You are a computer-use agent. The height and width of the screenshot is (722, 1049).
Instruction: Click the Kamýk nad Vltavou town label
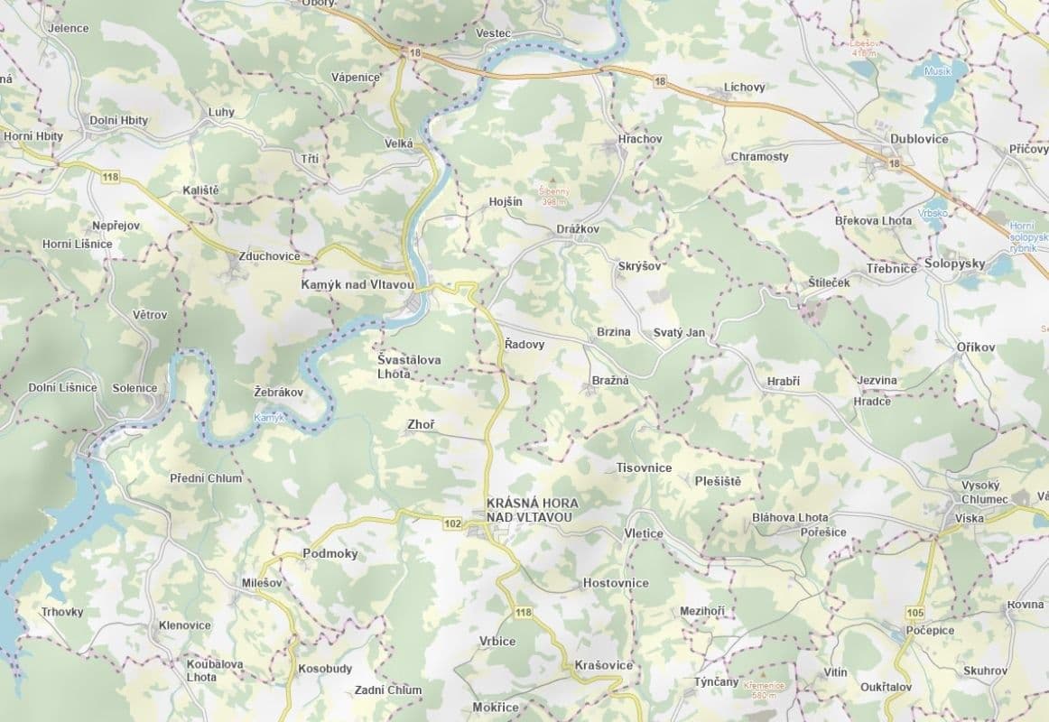click(357, 284)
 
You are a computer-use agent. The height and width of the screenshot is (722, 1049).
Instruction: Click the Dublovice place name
click(919, 139)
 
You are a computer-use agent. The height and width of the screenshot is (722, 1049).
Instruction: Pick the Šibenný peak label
click(555, 196)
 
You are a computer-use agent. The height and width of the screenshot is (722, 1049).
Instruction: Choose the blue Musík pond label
click(938, 69)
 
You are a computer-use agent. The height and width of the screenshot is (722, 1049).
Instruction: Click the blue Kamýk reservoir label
click(269, 418)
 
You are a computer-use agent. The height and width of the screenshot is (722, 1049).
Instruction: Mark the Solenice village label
click(135, 388)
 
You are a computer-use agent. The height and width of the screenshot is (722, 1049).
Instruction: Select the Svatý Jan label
click(679, 332)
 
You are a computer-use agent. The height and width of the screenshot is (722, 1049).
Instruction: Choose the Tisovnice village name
click(644, 467)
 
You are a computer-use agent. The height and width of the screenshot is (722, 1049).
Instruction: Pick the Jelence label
click(69, 28)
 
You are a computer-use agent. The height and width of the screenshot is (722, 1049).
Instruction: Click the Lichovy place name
click(744, 88)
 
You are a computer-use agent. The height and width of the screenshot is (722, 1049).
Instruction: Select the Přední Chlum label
click(206, 478)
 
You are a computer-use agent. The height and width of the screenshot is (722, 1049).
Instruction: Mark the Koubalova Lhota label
click(214, 671)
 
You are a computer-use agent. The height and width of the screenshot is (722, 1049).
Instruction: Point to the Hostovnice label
click(616, 583)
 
